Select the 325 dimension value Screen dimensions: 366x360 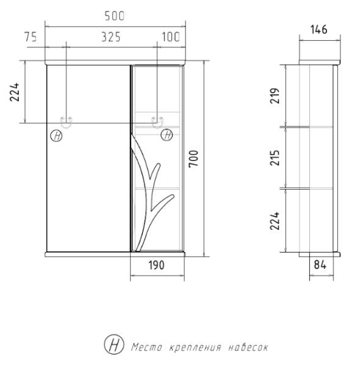[110, 37]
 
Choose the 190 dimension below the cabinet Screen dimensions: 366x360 [157, 267]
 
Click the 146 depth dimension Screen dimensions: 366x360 [319, 29]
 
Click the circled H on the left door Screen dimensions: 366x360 [56, 135]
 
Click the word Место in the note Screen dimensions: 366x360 [146, 347]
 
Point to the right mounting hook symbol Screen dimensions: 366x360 [157, 120]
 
